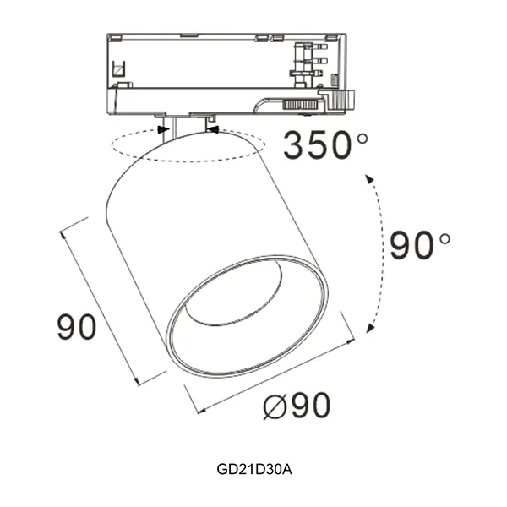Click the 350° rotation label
[325, 144]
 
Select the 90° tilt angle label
[420, 245]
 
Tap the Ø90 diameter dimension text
[297, 405]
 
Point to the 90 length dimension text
[77, 326]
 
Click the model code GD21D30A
[254, 469]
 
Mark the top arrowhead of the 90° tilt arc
[369, 179]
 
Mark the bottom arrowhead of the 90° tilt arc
[370, 328]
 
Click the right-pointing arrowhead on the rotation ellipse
[164, 130]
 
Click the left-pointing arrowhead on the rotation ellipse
[213, 130]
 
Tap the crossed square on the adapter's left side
[118, 69]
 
